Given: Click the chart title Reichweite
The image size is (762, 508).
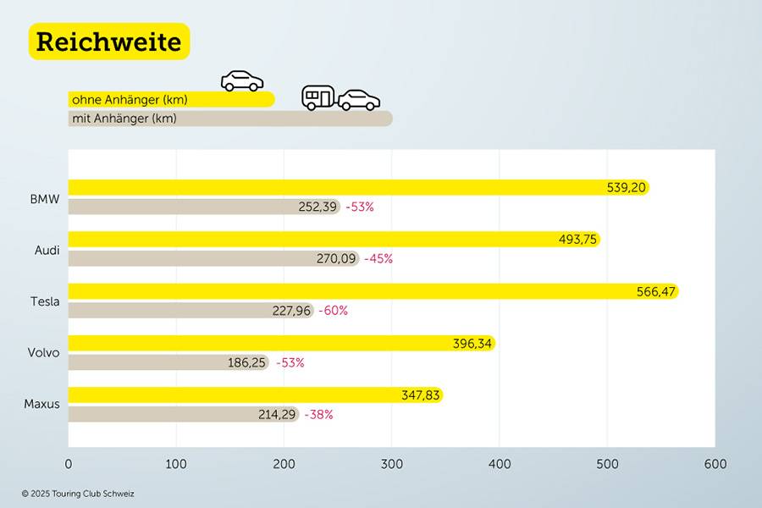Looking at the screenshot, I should [109, 41].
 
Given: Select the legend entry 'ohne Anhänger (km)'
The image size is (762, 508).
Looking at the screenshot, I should [130, 100].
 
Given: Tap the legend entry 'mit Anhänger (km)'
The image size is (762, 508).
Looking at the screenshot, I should [124, 119].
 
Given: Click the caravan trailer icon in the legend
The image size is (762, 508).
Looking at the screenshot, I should [318, 97].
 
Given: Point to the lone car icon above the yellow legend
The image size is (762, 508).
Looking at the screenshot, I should [242, 81].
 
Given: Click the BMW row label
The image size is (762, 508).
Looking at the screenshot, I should [45, 200].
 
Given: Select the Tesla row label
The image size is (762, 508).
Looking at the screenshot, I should [45, 301].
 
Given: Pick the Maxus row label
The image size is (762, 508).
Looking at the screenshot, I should [42, 404].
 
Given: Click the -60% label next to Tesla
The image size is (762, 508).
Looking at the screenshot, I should [333, 311].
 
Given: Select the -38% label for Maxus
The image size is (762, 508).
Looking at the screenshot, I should [318, 415].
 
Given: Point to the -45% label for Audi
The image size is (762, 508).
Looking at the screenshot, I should [378, 259].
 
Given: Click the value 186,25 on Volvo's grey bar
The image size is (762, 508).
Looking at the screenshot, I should [247, 362].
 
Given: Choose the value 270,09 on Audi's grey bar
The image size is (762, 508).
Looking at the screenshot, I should [336, 259].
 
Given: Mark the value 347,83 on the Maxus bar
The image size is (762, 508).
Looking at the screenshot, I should [421, 395].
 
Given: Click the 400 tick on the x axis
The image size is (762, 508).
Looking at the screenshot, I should [500, 464].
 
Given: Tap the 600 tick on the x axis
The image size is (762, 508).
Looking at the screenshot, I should [715, 464].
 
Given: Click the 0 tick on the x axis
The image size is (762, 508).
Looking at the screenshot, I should [69, 464].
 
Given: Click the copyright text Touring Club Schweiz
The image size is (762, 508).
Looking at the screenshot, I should [78, 494].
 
